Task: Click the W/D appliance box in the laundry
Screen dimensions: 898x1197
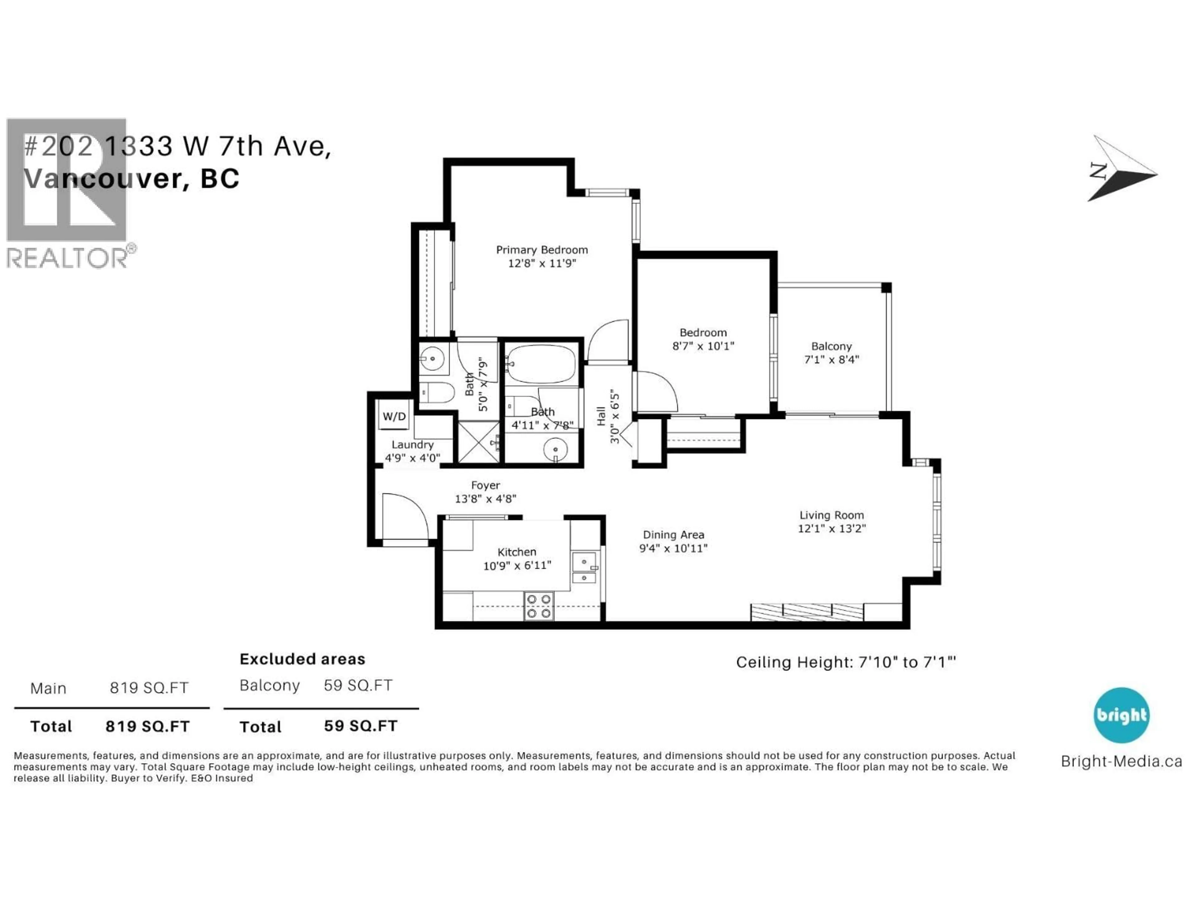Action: (394, 416)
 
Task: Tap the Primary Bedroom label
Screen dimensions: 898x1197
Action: (542, 249)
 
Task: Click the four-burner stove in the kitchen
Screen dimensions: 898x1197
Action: (539, 606)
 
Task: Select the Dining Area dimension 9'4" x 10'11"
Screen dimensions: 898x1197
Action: (673, 548)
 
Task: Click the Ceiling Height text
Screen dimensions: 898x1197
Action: (845, 662)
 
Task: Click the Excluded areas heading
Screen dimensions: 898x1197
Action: (302, 659)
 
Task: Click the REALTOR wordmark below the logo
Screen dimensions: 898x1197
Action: (68, 258)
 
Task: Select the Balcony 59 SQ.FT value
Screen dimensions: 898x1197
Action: (358, 685)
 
